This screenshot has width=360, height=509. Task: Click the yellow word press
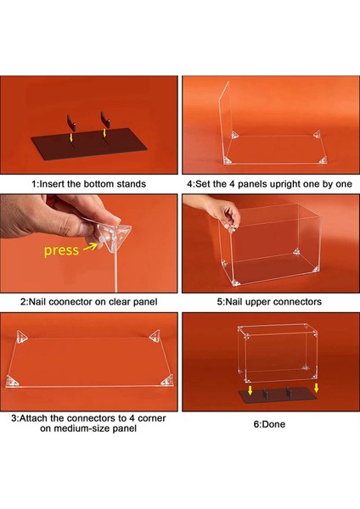(x=61, y=250)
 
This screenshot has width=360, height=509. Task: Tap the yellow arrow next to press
(x=90, y=247)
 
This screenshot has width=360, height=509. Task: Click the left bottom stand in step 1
(x=72, y=123)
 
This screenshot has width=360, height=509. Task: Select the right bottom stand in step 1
(x=105, y=120)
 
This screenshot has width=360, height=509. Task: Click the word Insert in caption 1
(x=52, y=184)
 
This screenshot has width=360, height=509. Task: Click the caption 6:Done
(x=269, y=424)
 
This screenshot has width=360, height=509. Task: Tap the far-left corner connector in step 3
(x=22, y=336)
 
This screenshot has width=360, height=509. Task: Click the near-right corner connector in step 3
(x=167, y=381)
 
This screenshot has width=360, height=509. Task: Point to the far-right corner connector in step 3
(x=155, y=336)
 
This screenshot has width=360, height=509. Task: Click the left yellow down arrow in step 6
(x=250, y=390)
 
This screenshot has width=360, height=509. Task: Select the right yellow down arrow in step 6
(x=316, y=388)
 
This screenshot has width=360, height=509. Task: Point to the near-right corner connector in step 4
(x=323, y=160)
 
